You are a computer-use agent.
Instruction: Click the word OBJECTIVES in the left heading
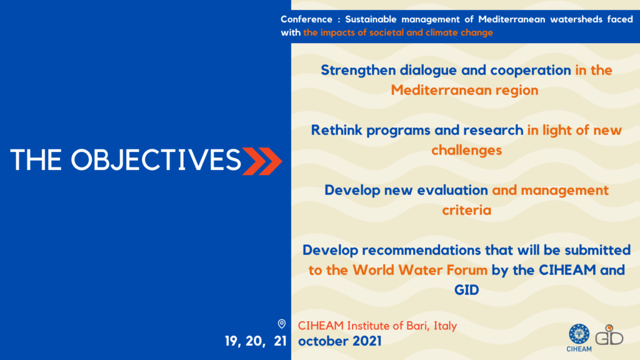156,159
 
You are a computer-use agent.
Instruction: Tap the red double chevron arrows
262,161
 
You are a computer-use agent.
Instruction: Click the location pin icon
282,324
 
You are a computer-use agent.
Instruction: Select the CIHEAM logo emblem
579,334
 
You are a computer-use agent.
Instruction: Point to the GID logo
609,335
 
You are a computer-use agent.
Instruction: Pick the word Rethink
336,130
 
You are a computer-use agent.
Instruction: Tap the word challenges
466,150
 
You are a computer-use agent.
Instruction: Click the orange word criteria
466,210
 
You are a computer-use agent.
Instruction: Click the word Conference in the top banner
306,19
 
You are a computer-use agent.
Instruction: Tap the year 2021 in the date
367,341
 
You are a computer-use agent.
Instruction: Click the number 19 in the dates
231,341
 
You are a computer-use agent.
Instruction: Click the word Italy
445,326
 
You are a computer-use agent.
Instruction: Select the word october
323,341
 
